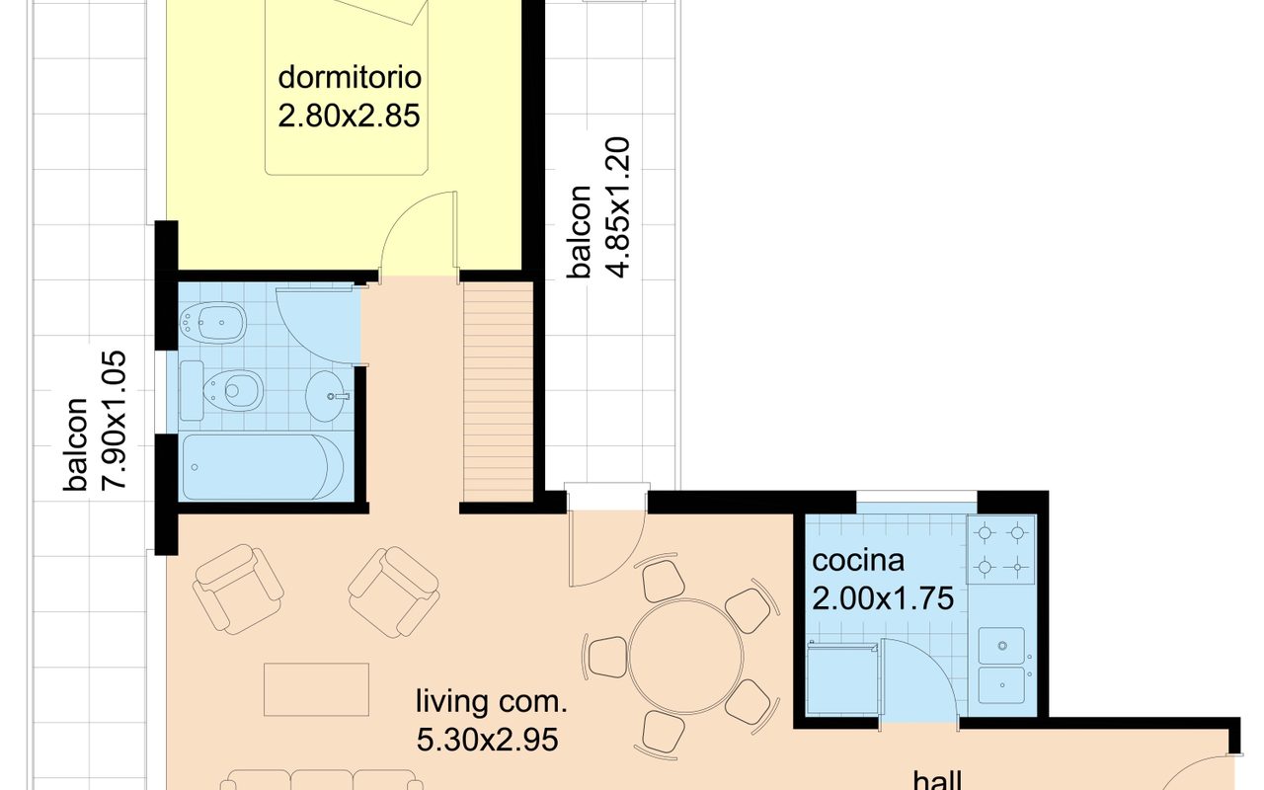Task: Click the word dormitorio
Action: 350,77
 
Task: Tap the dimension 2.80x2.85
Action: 350,116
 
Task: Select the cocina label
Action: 858,561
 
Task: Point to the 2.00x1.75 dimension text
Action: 883,598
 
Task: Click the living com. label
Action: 491,702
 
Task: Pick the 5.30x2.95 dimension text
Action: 488,741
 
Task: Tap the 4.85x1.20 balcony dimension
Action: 617,207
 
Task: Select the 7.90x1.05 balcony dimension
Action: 113,421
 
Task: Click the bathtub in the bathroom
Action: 263,467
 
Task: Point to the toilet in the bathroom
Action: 231,390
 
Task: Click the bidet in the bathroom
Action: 212,323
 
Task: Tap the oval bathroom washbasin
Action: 326,396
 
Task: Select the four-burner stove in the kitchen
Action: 1001,549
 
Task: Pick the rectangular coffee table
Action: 317,689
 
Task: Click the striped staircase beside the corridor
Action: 499,392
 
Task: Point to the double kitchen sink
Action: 1002,666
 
